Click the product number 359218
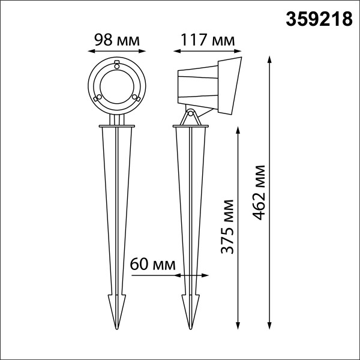pyautogui.click(x=319, y=19)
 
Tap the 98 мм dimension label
pyautogui.click(x=117, y=40)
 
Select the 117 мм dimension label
pyautogui.click(x=208, y=40)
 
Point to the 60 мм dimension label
pyautogui.click(x=152, y=264)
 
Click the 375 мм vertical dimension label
pyautogui.click(x=227, y=227)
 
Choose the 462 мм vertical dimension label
pyautogui.click(x=259, y=193)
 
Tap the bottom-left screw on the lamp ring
pyautogui.click(x=98, y=98)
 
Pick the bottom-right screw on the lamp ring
pyautogui.click(x=136, y=98)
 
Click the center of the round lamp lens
pyautogui.click(x=117, y=87)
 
